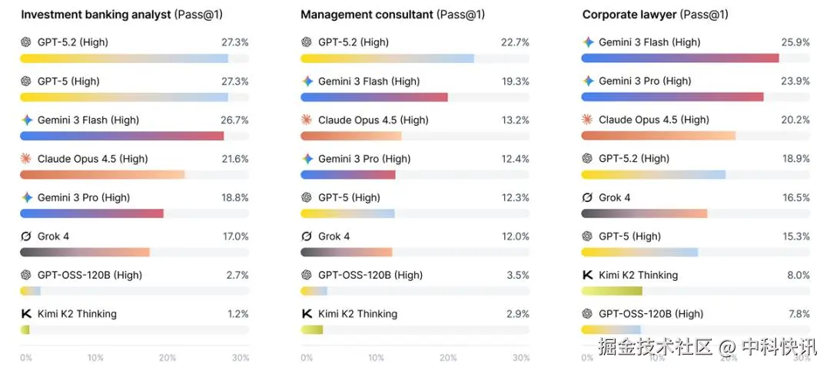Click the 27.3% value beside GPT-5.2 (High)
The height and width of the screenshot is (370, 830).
pyautogui.click(x=235, y=42)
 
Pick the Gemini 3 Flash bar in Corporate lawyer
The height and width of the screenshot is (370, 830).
pyautogui.click(x=680, y=58)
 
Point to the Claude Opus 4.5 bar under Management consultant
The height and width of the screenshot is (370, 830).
pyautogui.click(x=351, y=136)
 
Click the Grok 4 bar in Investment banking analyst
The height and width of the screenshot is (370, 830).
pyautogui.click(x=85, y=252)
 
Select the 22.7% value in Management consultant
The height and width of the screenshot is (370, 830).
pyautogui.click(x=515, y=42)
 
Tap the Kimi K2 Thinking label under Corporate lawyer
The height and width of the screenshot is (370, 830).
pyautogui.click(x=638, y=275)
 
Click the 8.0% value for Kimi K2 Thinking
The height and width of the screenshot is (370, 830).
pyautogui.click(x=798, y=275)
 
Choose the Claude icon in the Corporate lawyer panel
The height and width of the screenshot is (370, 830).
pyautogui.click(x=588, y=120)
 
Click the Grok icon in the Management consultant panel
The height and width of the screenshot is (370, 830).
pyautogui.click(x=307, y=236)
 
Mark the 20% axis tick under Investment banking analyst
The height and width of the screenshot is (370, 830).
pyautogui.click(x=167, y=358)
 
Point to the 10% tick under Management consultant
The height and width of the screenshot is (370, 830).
pyautogui.click(x=377, y=358)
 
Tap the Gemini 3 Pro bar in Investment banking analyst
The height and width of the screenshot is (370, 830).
pyautogui.click(x=91, y=213)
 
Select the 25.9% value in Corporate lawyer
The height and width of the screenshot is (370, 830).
pyautogui.click(x=796, y=42)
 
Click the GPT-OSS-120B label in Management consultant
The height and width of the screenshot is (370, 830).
pyautogui.click(x=370, y=275)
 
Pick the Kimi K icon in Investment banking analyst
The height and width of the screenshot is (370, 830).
pyautogui.click(x=25, y=314)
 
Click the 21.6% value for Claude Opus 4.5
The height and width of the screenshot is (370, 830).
pyautogui.click(x=235, y=159)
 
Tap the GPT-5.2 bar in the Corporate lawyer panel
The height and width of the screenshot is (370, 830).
pyautogui.click(x=653, y=174)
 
